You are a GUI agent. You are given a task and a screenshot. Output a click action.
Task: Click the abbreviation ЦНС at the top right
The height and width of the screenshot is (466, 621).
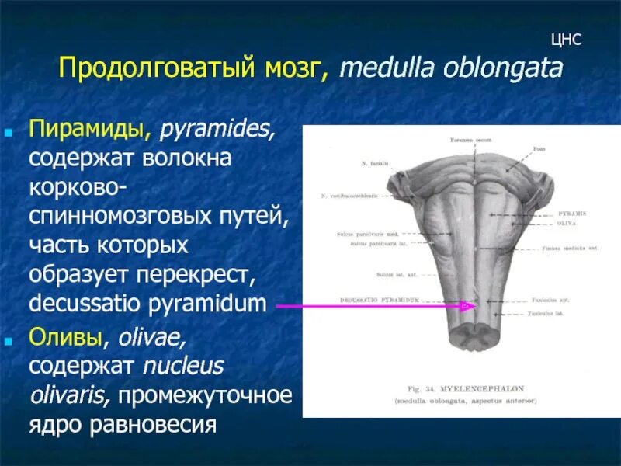click(566, 40)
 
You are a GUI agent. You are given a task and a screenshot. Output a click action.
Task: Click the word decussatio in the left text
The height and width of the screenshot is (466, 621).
click(85, 304)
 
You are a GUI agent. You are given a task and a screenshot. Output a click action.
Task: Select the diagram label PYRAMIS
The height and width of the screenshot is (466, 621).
click(571, 213)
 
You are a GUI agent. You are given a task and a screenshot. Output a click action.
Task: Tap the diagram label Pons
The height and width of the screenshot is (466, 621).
click(539, 148)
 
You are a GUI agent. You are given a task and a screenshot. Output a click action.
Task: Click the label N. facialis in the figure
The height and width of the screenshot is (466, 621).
click(375, 165)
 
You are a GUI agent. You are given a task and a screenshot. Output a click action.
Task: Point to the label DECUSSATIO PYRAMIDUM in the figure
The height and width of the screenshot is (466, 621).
click(380, 299)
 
